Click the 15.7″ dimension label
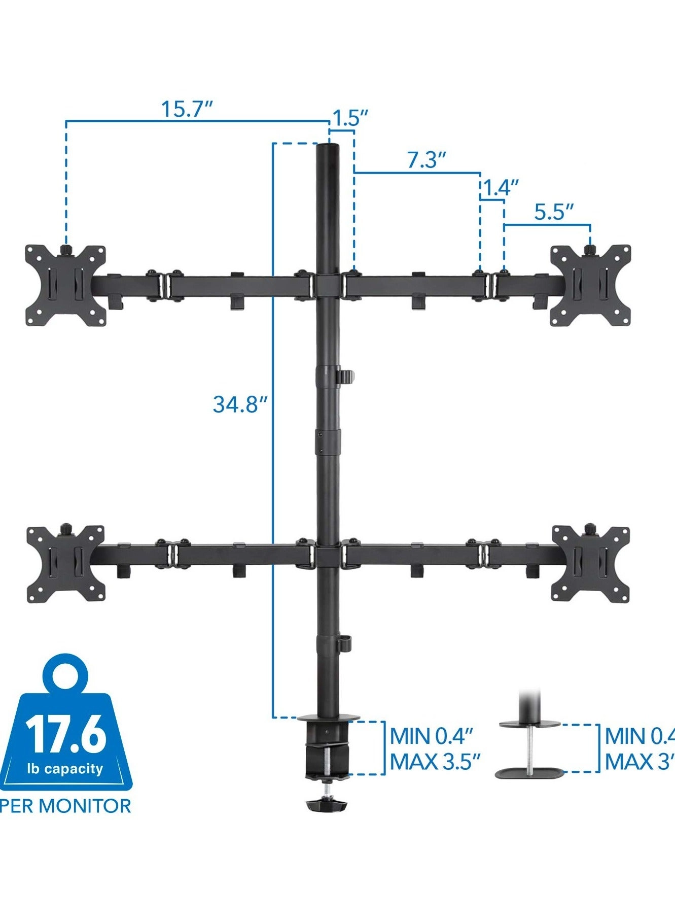(186, 109)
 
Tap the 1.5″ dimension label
(349, 118)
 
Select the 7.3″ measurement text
(427, 160)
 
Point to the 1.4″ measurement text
(500, 188)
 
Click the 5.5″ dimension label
(554, 212)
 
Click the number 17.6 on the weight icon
(66, 734)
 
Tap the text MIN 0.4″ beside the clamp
(432, 736)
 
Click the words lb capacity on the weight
(65, 769)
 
